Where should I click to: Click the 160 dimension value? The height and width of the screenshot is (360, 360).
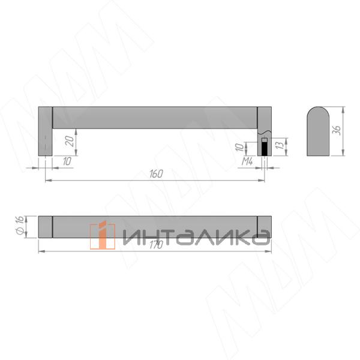tap(156, 174)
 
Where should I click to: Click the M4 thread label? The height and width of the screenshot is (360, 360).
tap(246, 162)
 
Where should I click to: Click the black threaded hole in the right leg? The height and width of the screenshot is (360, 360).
tap(264, 148)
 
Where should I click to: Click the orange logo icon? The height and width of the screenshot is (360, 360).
tap(102, 235)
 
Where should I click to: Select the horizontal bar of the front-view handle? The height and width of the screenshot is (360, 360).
tap(155, 117)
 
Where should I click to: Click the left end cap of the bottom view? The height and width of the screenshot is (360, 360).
tap(45, 226)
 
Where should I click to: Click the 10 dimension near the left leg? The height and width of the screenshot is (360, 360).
tap(65, 161)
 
